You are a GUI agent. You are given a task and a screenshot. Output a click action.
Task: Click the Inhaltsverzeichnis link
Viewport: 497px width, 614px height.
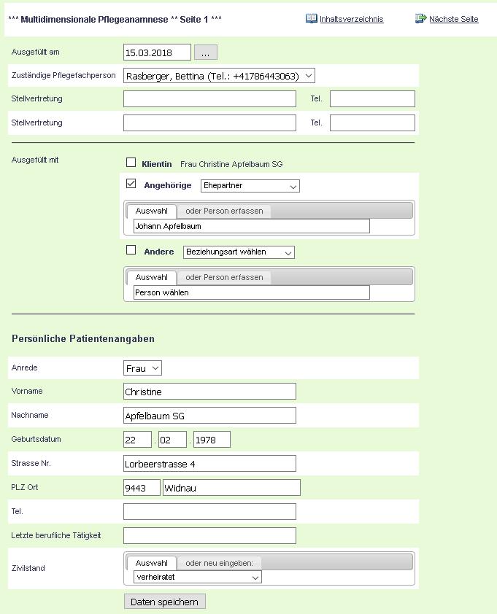click(x=351, y=19)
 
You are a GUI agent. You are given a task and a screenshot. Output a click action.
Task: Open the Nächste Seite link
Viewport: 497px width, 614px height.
click(x=453, y=19)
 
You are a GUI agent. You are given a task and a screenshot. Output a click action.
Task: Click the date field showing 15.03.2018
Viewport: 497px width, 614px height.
click(x=157, y=53)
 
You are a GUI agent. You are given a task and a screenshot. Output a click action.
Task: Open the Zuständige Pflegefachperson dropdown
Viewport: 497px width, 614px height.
click(x=219, y=76)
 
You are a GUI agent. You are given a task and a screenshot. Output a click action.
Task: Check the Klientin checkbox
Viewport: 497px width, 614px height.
click(x=131, y=163)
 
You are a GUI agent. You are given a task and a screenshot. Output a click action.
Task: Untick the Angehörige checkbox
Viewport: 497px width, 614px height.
click(x=131, y=184)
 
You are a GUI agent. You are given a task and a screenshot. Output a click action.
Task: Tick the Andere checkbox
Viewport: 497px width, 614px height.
click(x=131, y=250)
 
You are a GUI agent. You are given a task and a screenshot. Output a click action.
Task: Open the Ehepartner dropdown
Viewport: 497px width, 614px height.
click(x=250, y=186)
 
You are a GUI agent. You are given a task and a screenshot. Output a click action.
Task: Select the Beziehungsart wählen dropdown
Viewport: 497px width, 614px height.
click(x=239, y=252)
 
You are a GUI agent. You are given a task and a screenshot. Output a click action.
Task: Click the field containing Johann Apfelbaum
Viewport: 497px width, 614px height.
click(x=251, y=227)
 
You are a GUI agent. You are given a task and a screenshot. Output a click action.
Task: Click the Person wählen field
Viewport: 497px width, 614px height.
click(x=251, y=292)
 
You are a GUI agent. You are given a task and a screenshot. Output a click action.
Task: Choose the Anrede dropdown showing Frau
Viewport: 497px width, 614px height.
click(x=142, y=369)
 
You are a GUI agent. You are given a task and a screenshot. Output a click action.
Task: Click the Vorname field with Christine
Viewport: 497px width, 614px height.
click(x=209, y=392)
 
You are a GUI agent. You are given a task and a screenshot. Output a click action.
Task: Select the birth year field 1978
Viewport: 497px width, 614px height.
click(x=212, y=439)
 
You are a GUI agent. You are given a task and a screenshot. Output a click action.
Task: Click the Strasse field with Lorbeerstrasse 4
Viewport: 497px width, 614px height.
click(x=209, y=464)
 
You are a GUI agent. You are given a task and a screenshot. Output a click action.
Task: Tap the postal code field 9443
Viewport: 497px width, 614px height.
click(x=142, y=487)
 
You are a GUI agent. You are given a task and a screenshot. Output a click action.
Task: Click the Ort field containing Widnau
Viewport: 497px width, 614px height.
click(x=231, y=487)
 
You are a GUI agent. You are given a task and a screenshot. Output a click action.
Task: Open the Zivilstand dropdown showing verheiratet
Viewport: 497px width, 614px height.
click(x=197, y=577)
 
